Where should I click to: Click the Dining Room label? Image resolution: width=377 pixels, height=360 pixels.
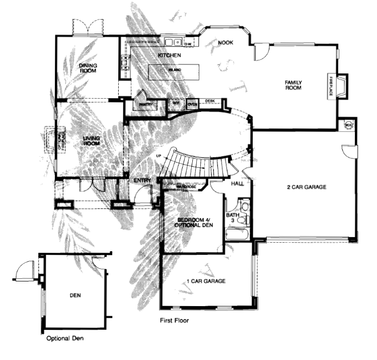point(88,68)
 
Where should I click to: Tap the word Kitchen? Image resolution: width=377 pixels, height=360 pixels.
point(169,54)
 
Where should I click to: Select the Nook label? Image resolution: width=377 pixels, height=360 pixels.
point(225,43)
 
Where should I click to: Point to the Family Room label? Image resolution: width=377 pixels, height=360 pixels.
point(293,85)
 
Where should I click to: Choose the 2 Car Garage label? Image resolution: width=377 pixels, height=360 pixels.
point(307,187)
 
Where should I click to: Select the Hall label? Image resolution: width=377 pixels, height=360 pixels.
point(238,184)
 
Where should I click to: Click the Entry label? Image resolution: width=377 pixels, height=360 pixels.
point(142,181)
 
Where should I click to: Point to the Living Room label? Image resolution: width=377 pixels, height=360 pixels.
point(92,140)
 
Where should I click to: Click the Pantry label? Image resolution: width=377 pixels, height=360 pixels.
point(146,105)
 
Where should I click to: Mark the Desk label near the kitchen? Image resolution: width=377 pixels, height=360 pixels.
point(210,101)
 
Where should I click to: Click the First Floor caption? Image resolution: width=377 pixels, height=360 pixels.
point(175,320)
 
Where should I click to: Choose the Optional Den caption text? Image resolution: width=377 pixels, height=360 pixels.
point(65,339)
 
